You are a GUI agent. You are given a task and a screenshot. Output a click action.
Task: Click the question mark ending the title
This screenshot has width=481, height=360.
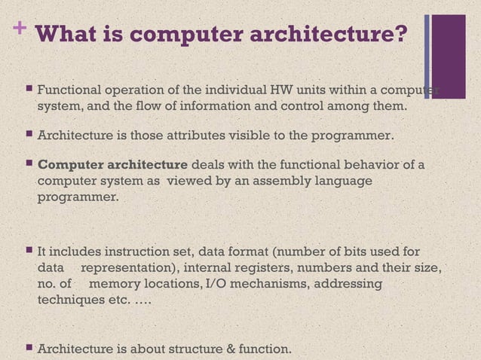point(404,34)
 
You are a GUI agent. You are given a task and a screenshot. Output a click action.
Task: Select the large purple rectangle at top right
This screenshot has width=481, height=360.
point(450,46)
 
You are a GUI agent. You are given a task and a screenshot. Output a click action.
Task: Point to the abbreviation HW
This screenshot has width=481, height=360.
point(285,92)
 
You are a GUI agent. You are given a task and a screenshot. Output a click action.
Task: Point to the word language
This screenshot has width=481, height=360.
point(345,182)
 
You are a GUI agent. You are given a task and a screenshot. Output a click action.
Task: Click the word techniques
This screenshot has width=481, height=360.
point(72,301)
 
